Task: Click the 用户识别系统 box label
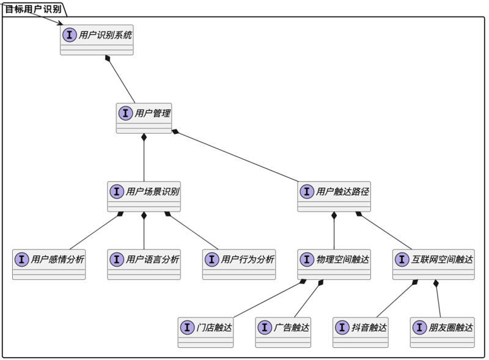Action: pos(105,35)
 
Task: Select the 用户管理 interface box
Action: pos(144,118)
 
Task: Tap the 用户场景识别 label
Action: pos(152,191)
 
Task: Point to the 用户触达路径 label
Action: pos(342,191)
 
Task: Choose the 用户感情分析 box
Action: pos(49,264)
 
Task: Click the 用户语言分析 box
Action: pos(144,264)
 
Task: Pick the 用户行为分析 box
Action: pos(239,264)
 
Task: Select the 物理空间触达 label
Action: pos(342,259)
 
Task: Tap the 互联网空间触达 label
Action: pos(442,259)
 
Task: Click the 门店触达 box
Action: pos(205,332)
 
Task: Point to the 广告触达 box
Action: pos(283,332)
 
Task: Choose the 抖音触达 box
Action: pos(361,332)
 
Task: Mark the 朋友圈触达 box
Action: pos(442,332)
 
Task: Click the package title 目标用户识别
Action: pos(34,9)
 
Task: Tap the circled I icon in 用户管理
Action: pos(125,113)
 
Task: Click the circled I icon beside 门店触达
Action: pos(187,327)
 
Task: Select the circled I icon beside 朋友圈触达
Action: pos(419,327)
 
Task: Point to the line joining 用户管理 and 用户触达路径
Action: pos(235,156)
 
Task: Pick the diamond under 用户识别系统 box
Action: pos(108,58)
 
